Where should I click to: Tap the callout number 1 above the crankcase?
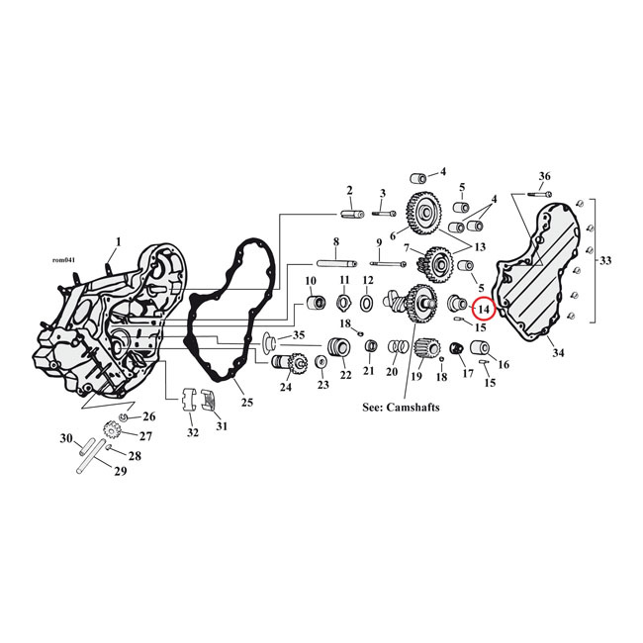[x=118, y=241]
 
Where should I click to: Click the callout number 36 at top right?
[x=543, y=176]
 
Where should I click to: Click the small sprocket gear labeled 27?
[x=111, y=431]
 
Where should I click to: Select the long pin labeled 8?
[x=335, y=263]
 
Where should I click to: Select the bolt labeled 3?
[x=383, y=211]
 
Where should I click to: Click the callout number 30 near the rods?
[x=66, y=438]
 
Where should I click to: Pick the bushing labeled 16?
[x=482, y=349]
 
